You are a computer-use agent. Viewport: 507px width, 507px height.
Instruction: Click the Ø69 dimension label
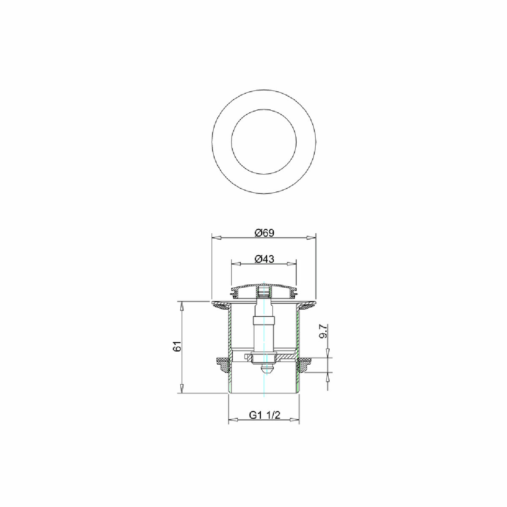click(x=264, y=233)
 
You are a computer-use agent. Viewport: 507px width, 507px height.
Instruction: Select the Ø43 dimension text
click(x=264, y=259)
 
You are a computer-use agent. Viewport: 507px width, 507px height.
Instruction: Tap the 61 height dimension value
click(x=178, y=346)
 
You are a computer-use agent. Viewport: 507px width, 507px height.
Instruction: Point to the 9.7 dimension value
click(x=324, y=331)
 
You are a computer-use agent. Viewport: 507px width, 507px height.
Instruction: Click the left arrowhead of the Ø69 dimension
click(x=216, y=237)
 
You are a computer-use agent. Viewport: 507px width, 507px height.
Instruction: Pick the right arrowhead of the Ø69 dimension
click(x=311, y=237)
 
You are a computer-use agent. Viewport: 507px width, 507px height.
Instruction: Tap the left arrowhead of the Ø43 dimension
click(x=235, y=264)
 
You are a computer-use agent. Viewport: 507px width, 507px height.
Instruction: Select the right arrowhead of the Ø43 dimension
click(x=292, y=264)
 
